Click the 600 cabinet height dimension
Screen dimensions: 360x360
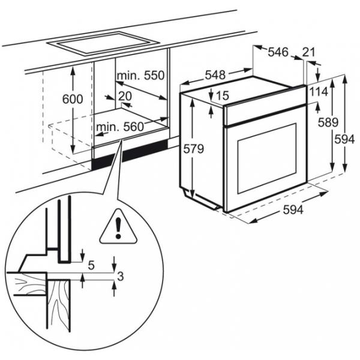[x=73, y=100]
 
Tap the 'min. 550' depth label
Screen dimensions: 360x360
[x=141, y=76]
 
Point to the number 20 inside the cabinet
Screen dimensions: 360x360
[x=125, y=96]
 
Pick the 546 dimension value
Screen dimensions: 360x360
[x=277, y=52]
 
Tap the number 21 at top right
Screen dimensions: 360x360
[x=309, y=52]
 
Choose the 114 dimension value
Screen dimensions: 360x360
[x=319, y=91]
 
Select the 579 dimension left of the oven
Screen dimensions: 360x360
[x=192, y=148]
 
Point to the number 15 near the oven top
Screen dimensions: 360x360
[x=222, y=95]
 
